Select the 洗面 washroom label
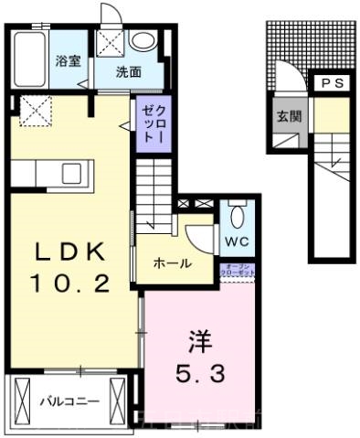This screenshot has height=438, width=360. (x=127, y=69)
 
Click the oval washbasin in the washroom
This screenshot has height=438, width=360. (x=143, y=41)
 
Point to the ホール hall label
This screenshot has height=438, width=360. (x=173, y=264)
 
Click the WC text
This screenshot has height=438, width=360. (x=236, y=242)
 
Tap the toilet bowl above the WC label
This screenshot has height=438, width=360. (x=237, y=217)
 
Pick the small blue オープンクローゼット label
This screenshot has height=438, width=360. (x=237, y=272)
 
